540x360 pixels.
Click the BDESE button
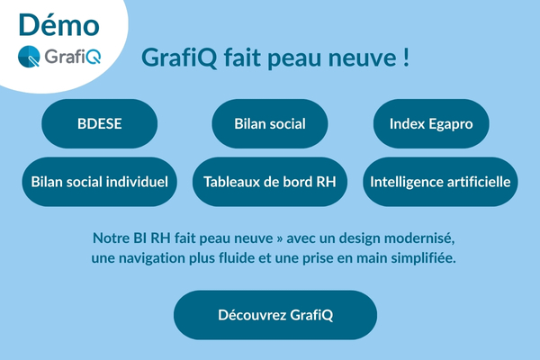coord(99,124)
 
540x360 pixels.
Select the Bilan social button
coord(270,124)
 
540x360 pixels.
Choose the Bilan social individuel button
coord(99,182)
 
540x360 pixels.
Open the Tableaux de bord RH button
coord(270,182)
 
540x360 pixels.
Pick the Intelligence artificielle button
coord(441,182)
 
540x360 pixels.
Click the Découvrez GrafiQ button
coord(275,315)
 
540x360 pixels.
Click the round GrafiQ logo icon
coord(30,57)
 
